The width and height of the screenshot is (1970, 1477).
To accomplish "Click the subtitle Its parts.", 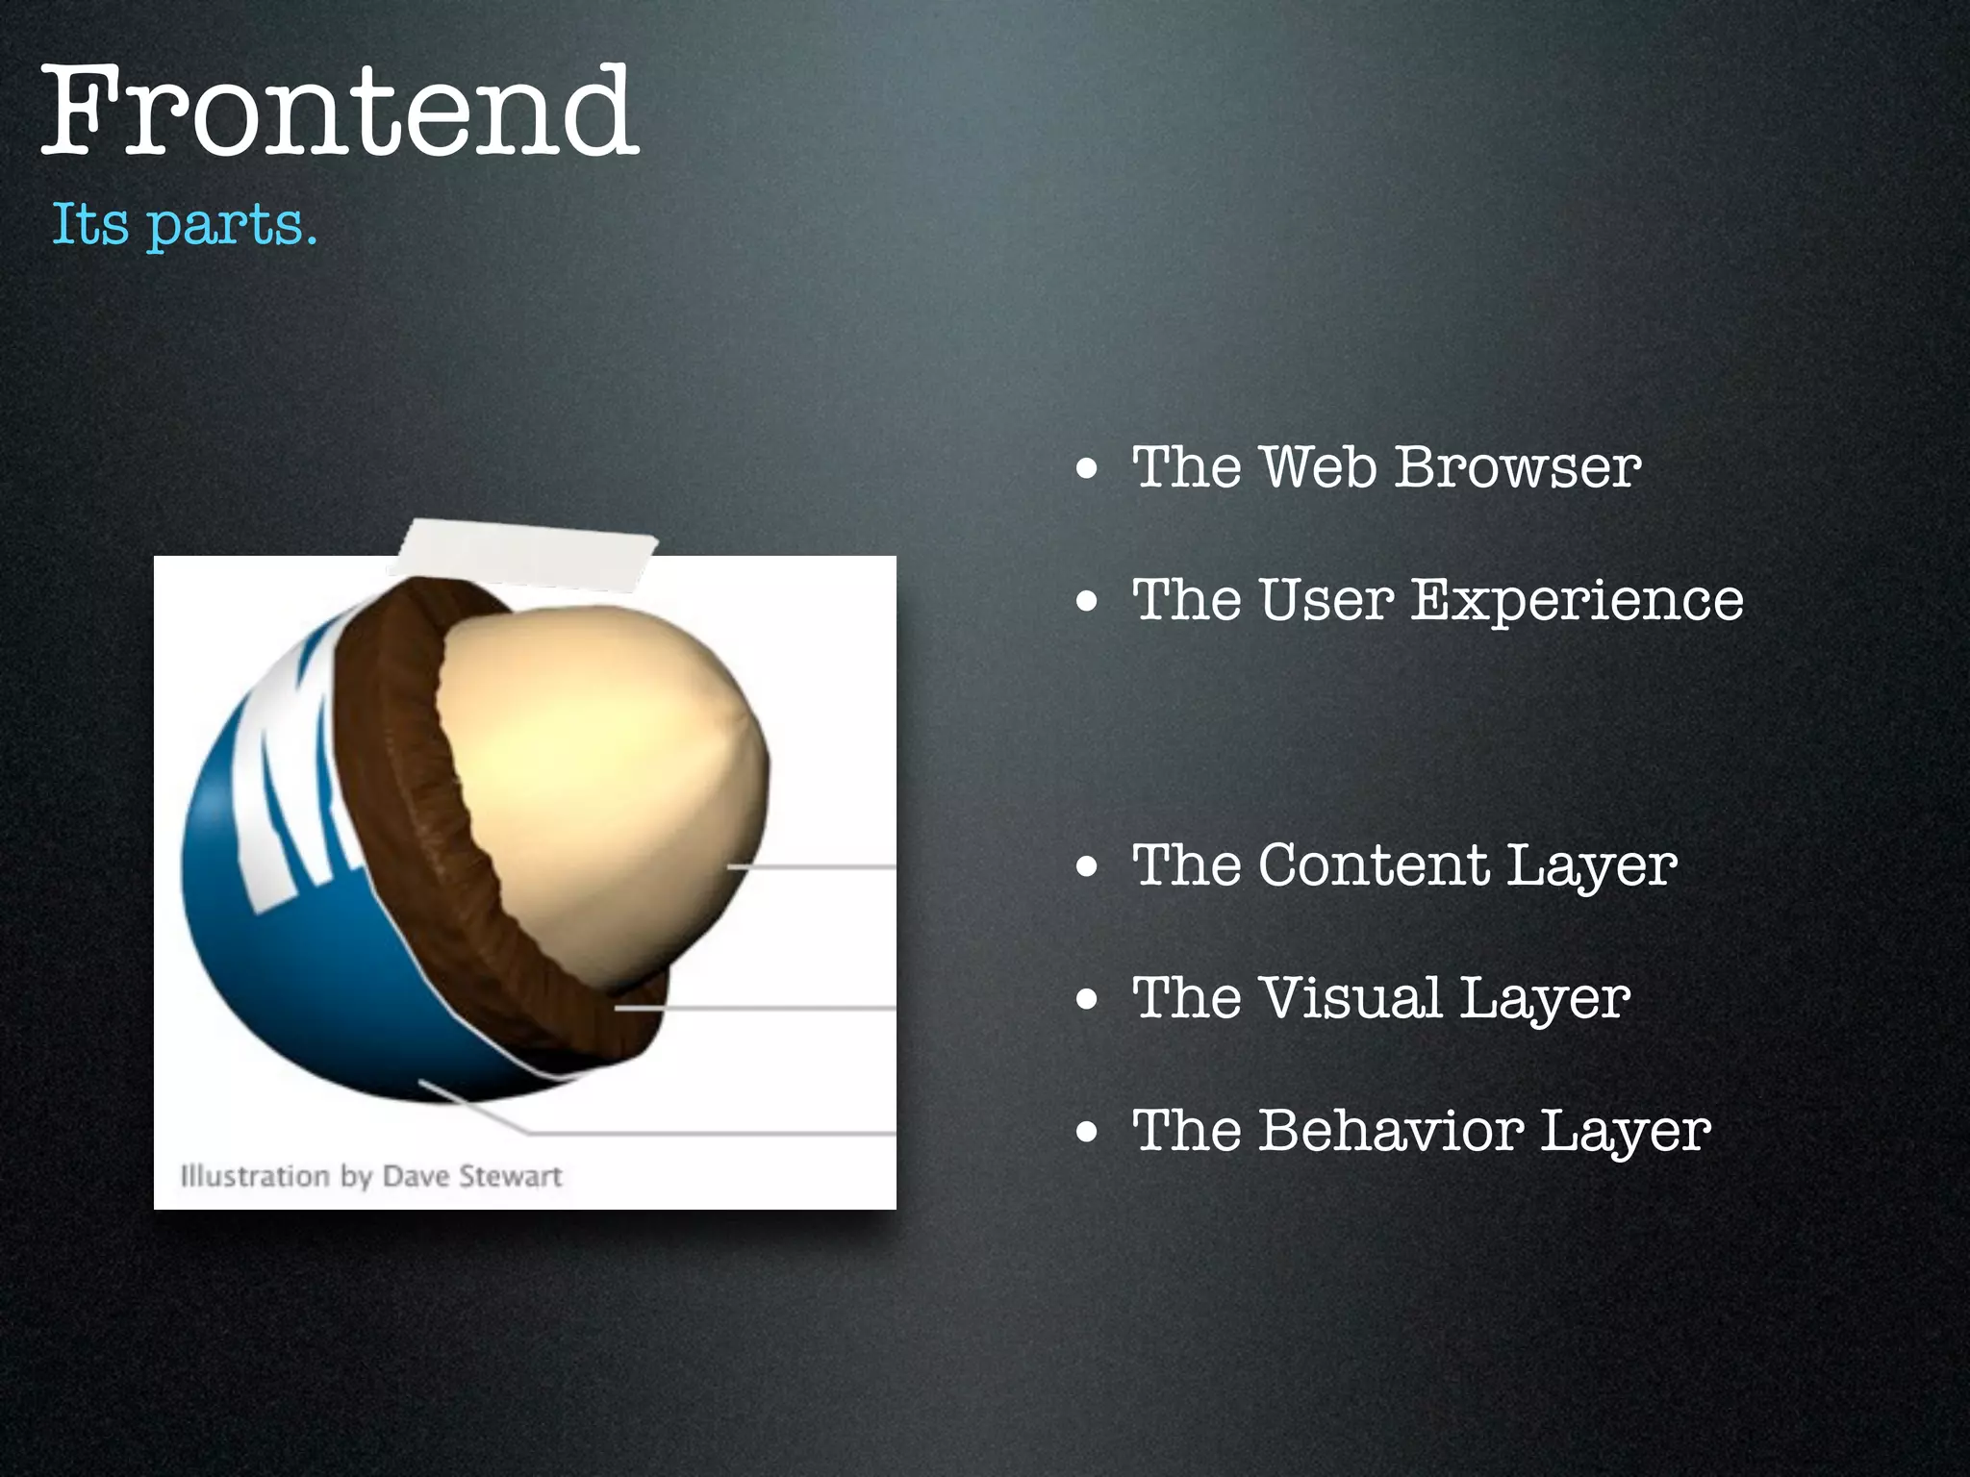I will point(183,225).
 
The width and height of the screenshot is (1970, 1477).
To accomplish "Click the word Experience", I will point(1577,600).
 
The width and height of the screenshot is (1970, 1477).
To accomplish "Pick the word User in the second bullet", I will point(1326,600).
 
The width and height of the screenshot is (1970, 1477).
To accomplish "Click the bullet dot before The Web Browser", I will point(1087,470).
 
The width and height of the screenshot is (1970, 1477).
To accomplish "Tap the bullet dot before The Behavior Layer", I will point(1087,1133).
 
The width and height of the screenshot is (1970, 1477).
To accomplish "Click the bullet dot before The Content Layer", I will point(1087,867).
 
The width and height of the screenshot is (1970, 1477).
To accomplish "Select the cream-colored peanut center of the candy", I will point(596,760).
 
